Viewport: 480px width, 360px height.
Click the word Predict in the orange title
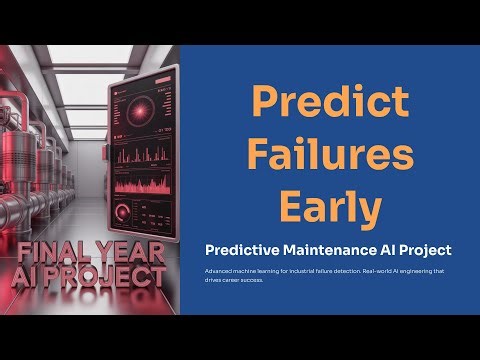point(329,103)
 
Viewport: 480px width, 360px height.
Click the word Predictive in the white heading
point(243,249)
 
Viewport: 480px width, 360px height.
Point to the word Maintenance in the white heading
point(334,249)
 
